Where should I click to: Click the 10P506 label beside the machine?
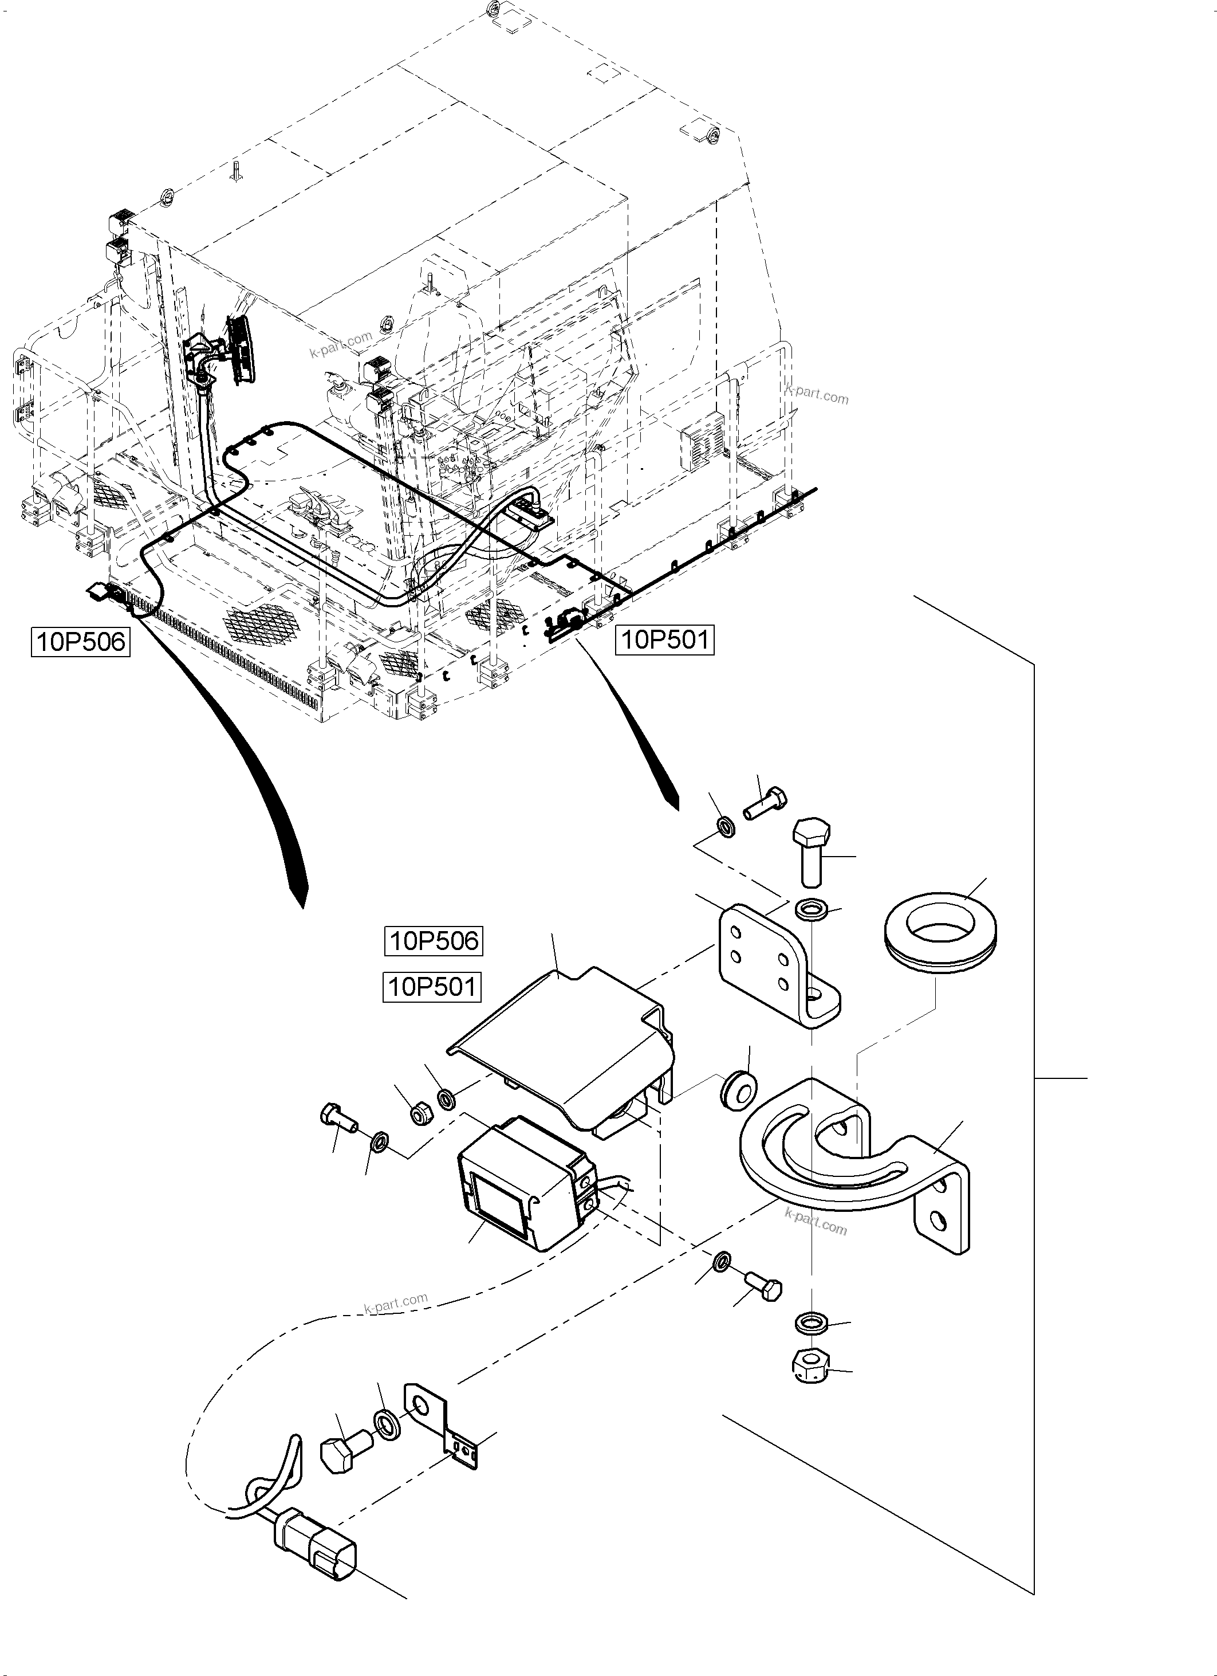coord(81,641)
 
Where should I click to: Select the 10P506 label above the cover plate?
coord(434,941)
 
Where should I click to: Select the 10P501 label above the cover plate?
coord(432,987)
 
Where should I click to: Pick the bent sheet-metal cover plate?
coord(569,1049)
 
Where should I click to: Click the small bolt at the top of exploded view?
coord(765,804)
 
